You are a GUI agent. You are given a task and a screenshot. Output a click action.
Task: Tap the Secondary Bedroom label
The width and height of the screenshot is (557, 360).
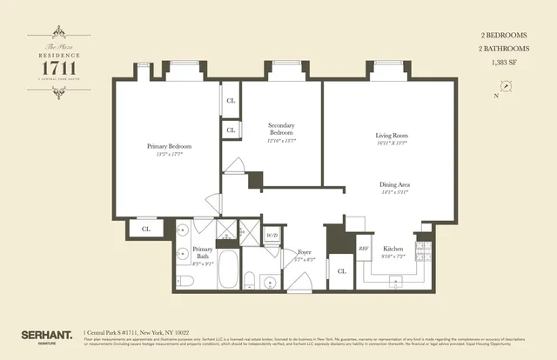click(281, 130)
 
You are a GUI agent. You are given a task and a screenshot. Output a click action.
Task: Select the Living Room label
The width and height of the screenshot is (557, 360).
click(393, 137)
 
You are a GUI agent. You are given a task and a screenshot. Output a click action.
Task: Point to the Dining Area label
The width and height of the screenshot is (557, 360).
click(394, 185)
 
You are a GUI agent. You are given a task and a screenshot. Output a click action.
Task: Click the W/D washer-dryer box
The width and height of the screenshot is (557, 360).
click(271, 236)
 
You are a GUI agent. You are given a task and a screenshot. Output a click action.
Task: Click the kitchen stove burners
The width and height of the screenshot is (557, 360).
click(424, 254)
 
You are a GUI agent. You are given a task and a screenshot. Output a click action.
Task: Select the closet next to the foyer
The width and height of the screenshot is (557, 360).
click(341, 271)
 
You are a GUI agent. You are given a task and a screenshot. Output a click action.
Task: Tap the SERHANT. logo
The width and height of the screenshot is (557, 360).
click(45, 334)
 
